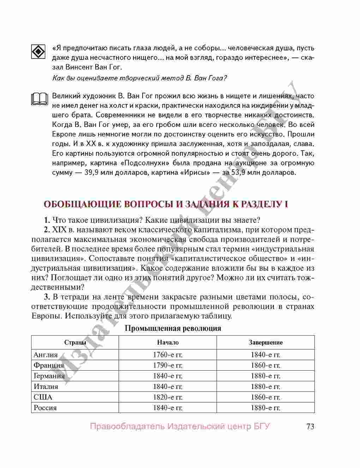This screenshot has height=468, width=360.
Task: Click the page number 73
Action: [310, 426]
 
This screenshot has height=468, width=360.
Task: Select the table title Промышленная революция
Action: [173, 328]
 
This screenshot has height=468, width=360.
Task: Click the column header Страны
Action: [75, 342]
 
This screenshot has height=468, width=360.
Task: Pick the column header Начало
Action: [168, 342]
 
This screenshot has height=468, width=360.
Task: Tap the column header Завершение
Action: [265, 342]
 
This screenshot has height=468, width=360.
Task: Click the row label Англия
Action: [46, 355]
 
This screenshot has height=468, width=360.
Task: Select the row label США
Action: [43, 397]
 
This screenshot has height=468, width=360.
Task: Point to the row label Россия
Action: [45, 408]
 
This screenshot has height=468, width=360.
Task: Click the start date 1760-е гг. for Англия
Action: [168, 355]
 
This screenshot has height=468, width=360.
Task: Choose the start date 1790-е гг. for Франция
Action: [168, 365]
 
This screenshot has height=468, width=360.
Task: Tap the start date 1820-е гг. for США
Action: [168, 397]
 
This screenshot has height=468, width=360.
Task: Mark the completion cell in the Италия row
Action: [265, 387]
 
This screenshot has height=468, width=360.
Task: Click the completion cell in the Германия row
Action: [265, 376]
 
